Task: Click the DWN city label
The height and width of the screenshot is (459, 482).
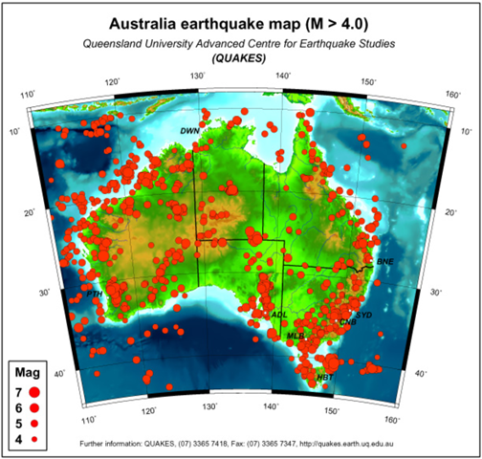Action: pyautogui.click(x=190, y=129)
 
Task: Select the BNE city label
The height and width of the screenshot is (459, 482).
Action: pyautogui.click(x=385, y=261)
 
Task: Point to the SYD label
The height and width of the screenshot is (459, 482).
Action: pyautogui.click(x=363, y=314)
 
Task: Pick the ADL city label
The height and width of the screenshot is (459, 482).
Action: pyautogui.click(x=279, y=314)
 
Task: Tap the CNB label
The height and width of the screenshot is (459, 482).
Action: pyautogui.click(x=349, y=323)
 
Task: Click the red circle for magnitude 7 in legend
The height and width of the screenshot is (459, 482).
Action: pyautogui.click(x=34, y=391)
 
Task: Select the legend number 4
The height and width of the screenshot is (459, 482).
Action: pyautogui.click(x=18, y=437)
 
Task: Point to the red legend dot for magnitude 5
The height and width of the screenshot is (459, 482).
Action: pyautogui.click(x=34, y=422)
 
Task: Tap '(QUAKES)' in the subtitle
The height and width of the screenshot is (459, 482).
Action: pyautogui.click(x=241, y=57)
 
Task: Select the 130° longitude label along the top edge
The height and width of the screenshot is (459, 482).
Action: pyautogui.click(x=198, y=75)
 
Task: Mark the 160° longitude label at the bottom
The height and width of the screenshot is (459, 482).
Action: pyautogui.click(x=391, y=419)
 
